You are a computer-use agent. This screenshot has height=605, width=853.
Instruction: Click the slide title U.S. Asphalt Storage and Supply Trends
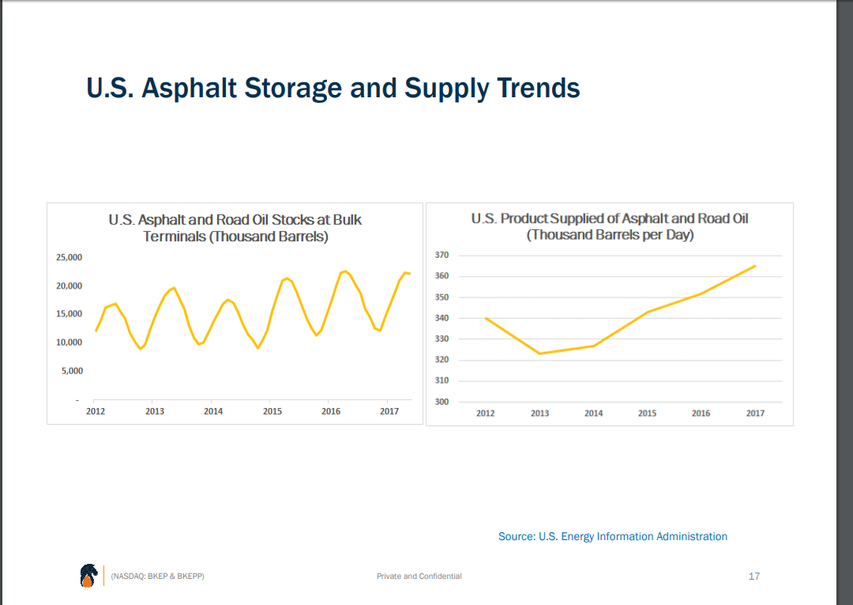tap(333, 88)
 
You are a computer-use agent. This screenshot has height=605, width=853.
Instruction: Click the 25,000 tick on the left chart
tap(70, 258)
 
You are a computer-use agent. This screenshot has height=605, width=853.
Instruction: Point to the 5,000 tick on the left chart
tap(71, 371)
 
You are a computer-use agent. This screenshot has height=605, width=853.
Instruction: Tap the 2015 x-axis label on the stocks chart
tap(272, 411)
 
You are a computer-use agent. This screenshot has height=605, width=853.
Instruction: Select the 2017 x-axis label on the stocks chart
tap(389, 411)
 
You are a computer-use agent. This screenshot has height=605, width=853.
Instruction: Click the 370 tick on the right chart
tap(442, 255)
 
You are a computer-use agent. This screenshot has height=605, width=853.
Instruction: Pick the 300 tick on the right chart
tap(442, 402)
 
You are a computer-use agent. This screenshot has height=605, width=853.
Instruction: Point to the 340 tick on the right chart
tap(442, 318)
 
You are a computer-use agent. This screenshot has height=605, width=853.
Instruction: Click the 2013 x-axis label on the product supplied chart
tap(539, 414)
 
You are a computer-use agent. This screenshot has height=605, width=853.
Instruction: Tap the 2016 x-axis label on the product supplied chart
tap(701, 414)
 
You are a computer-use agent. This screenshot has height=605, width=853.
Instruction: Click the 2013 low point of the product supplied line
tap(539, 354)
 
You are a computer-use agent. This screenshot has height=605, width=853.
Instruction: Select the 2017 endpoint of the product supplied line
tap(756, 266)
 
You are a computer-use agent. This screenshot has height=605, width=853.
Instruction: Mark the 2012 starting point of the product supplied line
tap(485, 318)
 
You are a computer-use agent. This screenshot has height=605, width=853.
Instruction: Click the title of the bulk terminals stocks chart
tap(235, 228)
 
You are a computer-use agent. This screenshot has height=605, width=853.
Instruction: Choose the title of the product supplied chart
tap(610, 226)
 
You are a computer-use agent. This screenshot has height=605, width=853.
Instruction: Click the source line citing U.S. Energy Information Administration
tap(613, 536)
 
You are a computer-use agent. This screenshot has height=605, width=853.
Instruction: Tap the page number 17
tap(753, 576)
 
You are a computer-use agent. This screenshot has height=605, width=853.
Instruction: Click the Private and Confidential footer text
tap(419, 577)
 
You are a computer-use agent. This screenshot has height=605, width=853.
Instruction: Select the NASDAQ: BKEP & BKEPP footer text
tap(158, 577)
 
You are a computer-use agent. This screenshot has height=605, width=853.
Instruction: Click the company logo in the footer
tap(88, 576)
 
